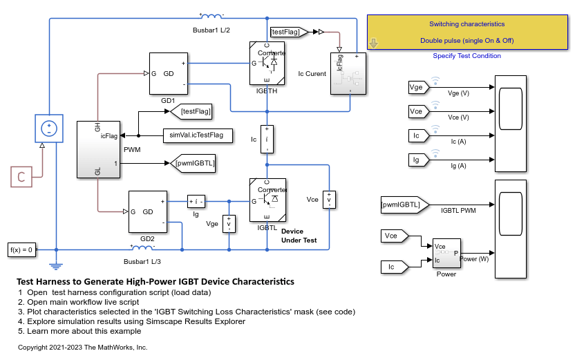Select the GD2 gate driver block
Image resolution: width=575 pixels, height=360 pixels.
click(x=147, y=211)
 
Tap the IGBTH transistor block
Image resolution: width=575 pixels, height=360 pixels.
click(x=267, y=63)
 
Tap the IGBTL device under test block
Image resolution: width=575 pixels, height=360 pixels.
click(x=267, y=199)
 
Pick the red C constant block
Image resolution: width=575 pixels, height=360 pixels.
click(x=21, y=177)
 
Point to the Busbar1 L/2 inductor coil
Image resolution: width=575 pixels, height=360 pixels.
click(x=211, y=16)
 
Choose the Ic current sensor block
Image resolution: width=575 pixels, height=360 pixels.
click(x=267, y=139)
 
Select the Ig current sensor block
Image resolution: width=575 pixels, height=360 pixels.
click(x=197, y=202)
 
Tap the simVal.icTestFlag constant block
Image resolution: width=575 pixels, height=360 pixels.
click(x=197, y=136)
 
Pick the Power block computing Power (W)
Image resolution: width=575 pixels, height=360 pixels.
click(x=446, y=255)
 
